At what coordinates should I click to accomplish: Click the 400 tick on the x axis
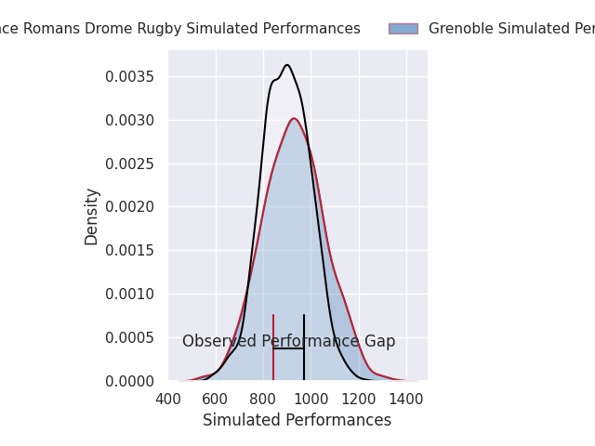click(168, 400)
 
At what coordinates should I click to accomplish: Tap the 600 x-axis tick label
click(216, 400)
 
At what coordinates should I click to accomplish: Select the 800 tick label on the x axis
click(263, 400)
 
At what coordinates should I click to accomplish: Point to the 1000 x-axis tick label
click(311, 400)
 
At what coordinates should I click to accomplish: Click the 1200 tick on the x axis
click(359, 400)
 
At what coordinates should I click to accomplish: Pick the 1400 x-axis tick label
click(406, 400)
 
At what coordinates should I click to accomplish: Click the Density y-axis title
click(91, 216)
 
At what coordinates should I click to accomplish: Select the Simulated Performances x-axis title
click(297, 420)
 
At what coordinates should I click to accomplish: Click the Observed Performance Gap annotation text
click(288, 341)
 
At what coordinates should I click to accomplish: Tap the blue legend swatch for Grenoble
click(403, 29)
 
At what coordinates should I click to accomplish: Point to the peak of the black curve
click(287, 65)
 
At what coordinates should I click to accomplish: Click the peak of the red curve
click(294, 118)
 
